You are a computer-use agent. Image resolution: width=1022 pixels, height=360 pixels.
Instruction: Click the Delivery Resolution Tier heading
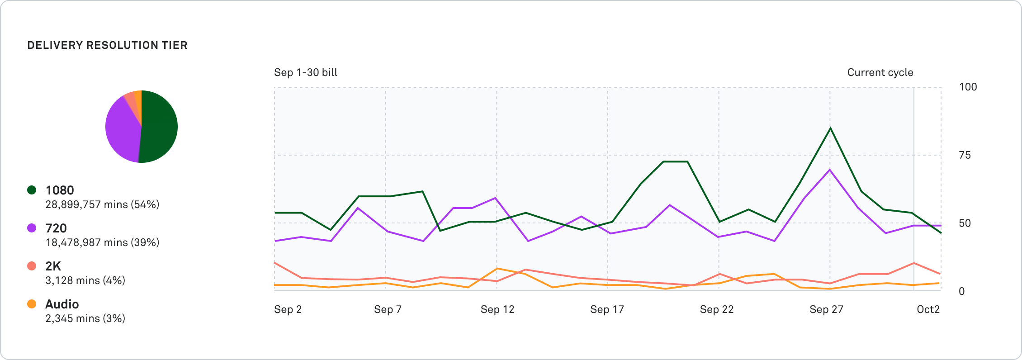point(107,45)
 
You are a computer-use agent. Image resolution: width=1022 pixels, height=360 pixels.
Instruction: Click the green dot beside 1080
point(32,190)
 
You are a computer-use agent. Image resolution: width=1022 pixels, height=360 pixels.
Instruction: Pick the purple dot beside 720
point(32,228)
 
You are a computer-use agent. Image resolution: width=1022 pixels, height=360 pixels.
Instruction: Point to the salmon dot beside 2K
point(32,266)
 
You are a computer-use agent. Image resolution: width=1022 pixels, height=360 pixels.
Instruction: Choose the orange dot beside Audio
point(32,304)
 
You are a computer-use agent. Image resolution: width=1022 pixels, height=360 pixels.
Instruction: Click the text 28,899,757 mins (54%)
point(102,204)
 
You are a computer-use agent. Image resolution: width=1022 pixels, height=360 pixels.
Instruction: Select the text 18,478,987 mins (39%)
point(102,242)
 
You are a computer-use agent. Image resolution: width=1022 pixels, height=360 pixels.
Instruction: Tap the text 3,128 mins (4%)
point(85,280)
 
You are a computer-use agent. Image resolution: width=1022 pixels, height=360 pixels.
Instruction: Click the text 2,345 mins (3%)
point(85,318)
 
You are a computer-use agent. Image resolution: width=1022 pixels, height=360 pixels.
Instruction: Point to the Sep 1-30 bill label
point(306,72)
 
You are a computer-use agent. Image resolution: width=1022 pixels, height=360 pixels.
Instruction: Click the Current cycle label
point(880,72)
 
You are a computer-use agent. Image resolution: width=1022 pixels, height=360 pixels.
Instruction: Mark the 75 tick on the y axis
point(965,155)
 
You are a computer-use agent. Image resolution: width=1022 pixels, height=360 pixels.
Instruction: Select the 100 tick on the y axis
point(968,87)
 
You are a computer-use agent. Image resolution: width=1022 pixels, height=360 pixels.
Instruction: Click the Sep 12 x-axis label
point(497,309)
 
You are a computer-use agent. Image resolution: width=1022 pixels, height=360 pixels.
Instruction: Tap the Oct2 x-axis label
point(928,309)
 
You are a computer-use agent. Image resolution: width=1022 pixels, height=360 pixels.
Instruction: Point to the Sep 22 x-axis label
point(717,309)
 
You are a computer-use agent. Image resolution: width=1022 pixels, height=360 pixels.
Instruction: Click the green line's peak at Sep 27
point(830,128)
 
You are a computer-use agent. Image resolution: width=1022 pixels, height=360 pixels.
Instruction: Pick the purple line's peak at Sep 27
point(829,170)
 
